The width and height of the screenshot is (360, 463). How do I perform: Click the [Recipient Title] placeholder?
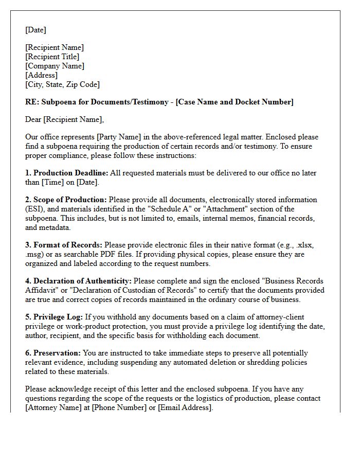(52, 57)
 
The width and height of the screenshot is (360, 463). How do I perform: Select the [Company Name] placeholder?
(55, 66)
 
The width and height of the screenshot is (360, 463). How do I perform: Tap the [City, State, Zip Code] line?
(62, 84)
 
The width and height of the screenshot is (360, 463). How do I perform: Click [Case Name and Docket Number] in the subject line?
(235, 102)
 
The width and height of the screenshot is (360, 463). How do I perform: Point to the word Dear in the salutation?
(33, 119)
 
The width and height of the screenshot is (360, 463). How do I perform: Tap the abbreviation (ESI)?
(35, 209)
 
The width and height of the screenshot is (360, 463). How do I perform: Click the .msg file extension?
(35, 254)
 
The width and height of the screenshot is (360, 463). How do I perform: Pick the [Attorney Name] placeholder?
(52, 407)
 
